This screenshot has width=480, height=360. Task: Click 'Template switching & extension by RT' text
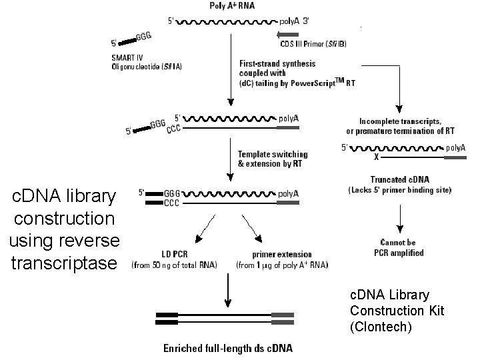[273, 159]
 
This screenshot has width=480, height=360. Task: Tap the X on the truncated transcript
[376, 158]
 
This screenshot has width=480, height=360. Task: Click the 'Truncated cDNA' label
[399, 179]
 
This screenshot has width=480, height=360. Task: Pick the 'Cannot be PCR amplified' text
[399, 248]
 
